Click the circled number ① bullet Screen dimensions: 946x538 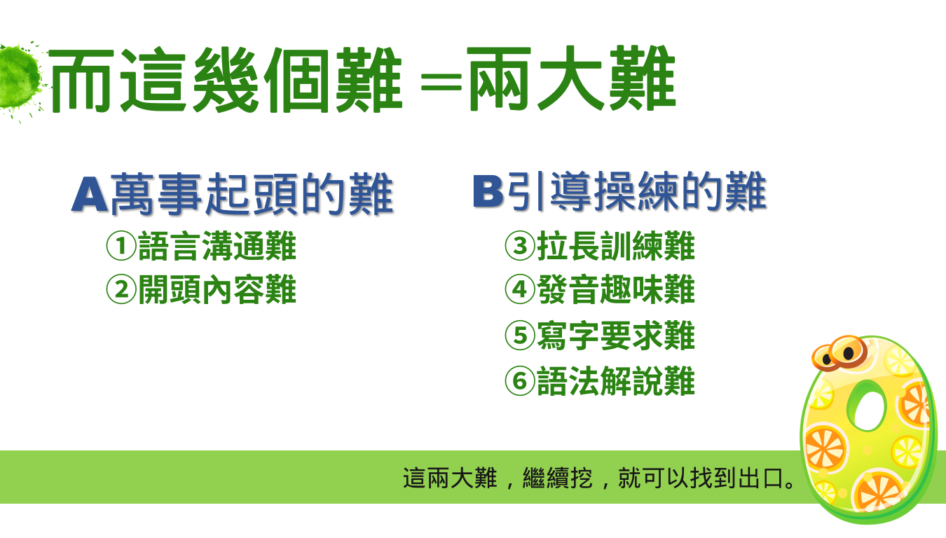click(121, 246)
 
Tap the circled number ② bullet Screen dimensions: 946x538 click(121, 290)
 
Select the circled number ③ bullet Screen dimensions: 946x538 click(520, 246)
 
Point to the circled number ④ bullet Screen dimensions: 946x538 click(520, 289)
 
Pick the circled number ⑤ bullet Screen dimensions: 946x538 click(520, 336)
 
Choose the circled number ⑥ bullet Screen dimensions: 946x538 click(520, 381)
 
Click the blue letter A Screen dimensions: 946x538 click(90, 194)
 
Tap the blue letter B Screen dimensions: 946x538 click(488, 191)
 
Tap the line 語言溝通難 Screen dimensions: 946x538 click(217, 246)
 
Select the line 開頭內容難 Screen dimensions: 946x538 click(217, 290)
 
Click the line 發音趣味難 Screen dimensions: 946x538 click(616, 289)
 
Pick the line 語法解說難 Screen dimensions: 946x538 click(616, 381)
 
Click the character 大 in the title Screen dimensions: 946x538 click(570, 78)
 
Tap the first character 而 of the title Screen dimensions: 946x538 click(81, 81)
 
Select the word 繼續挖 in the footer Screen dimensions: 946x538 click(558, 478)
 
